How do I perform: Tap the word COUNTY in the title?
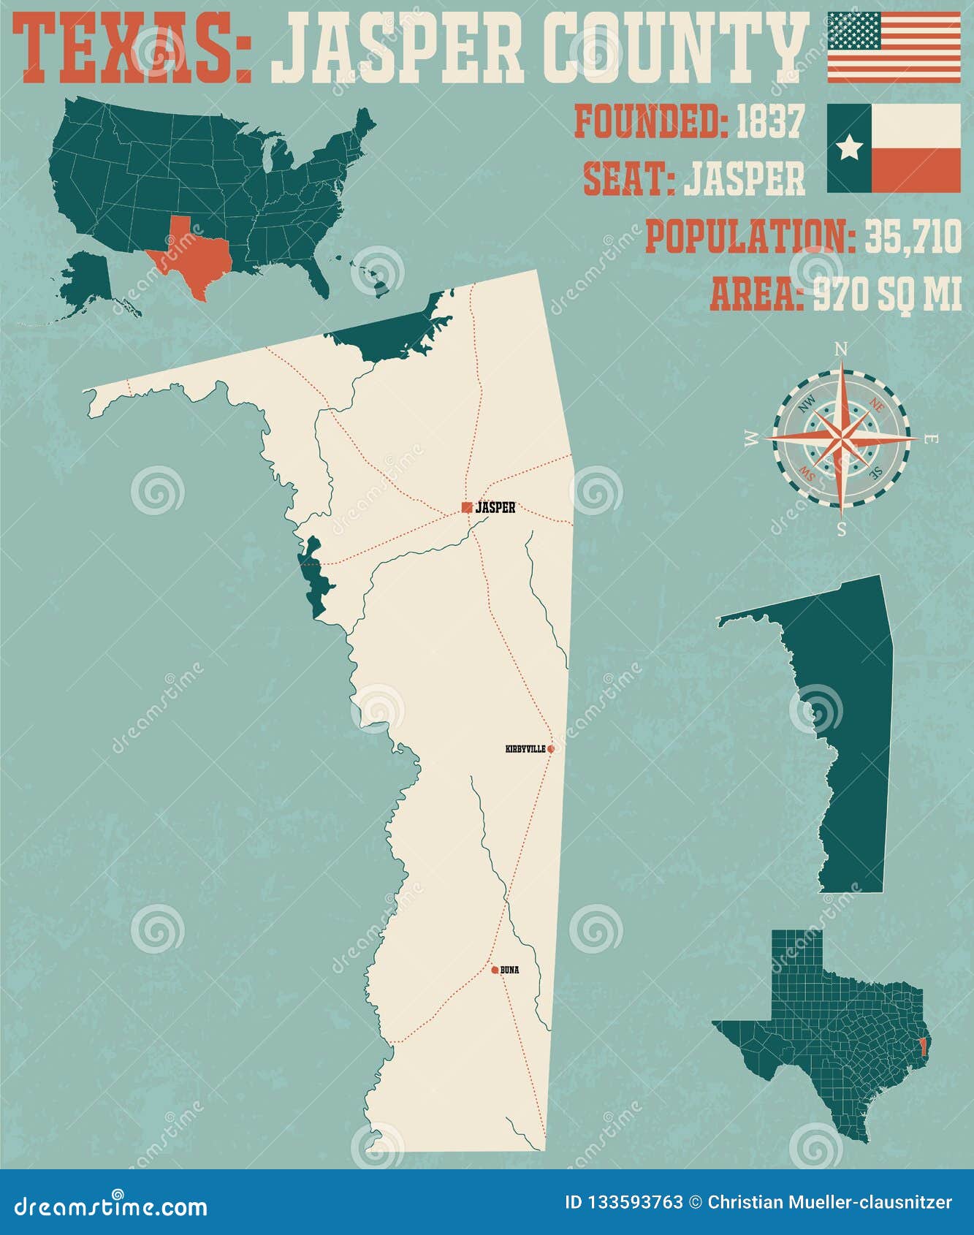point(676,50)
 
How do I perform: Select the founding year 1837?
point(769,122)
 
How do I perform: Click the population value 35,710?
point(913,237)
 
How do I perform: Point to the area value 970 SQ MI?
point(888,294)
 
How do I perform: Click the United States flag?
point(894,47)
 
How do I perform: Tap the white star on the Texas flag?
point(849,148)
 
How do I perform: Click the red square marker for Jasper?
point(467,507)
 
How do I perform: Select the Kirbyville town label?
point(525,749)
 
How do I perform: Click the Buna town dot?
point(495,970)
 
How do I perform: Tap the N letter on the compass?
point(841,349)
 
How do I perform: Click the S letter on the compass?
point(842,529)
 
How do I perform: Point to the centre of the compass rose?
point(842,439)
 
